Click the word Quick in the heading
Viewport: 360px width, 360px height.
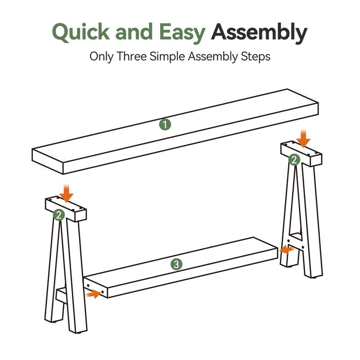pyautogui.click(x=81, y=32)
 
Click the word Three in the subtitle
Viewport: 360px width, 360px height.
pyautogui.click(x=131, y=56)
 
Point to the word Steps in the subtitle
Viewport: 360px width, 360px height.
pyautogui.click(x=255, y=57)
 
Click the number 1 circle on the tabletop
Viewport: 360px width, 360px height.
pyautogui.click(x=165, y=125)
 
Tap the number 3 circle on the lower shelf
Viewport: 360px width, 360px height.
pyautogui.click(x=176, y=264)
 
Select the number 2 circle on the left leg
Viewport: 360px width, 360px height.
pyautogui.click(x=59, y=215)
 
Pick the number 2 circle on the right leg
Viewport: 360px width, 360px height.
pyautogui.click(x=294, y=160)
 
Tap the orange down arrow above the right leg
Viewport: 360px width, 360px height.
pyautogui.click(x=303, y=138)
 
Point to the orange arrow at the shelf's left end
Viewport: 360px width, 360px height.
pyautogui.click(x=93, y=294)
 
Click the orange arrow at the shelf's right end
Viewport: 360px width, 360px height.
pyautogui.click(x=287, y=249)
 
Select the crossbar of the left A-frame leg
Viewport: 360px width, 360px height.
pyautogui.click(x=61, y=296)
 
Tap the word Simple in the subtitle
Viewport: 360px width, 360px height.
pyautogui.click(x=167, y=57)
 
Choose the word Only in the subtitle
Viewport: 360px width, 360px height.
pyautogui.click(x=101, y=57)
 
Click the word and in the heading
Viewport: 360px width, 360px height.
pyautogui.click(x=134, y=32)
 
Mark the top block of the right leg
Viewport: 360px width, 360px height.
pyautogui.click(x=301, y=153)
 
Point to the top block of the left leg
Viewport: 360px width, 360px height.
pyautogui.click(x=66, y=208)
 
